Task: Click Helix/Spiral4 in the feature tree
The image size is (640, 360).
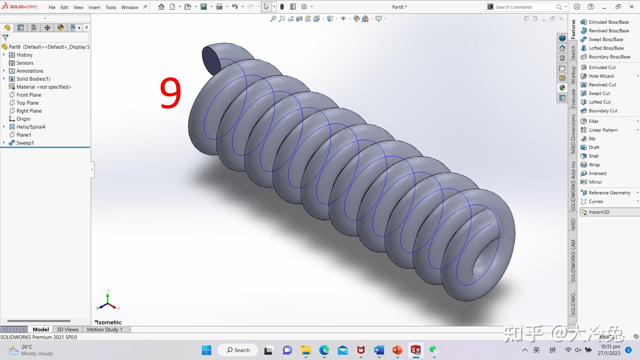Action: (31, 127)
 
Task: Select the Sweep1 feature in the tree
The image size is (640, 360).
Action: (25, 143)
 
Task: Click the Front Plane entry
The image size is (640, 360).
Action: (29, 95)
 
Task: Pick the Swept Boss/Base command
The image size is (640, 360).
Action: (605, 39)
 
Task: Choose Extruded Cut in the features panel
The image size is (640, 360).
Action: (602, 67)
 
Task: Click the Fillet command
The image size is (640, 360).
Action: (593, 121)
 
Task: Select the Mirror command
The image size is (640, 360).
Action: (595, 182)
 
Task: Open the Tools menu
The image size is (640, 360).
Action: (110, 7)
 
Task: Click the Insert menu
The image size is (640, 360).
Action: (94, 7)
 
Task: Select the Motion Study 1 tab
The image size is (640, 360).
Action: (104, 329)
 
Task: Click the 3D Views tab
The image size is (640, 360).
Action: (67, 329)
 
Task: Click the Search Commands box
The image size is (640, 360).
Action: (525, 7)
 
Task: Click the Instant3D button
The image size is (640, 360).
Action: (599, 212)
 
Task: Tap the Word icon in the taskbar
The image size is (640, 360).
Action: (379, 350)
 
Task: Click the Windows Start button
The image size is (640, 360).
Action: (206, 350)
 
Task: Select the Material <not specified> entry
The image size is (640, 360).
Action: (44, 87)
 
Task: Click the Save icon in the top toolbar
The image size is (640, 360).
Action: (204, 7)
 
